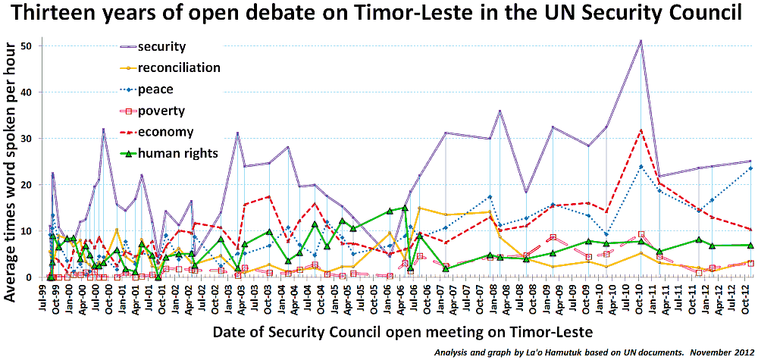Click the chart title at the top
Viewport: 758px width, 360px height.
click(378, 14)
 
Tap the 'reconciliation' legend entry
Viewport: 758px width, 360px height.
click(179, 67)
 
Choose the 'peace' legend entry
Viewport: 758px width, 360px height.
click(157, 89)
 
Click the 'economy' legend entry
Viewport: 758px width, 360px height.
click(164, 132)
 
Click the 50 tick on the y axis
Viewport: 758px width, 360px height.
click(36, 45)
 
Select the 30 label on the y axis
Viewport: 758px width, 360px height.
click(36, 139)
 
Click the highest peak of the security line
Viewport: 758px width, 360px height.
click(641, 41)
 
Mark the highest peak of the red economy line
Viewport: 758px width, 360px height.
click(641, 130)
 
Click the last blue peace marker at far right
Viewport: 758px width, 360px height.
click(750, 168)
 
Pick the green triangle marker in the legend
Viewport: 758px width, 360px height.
click(130, 154)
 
